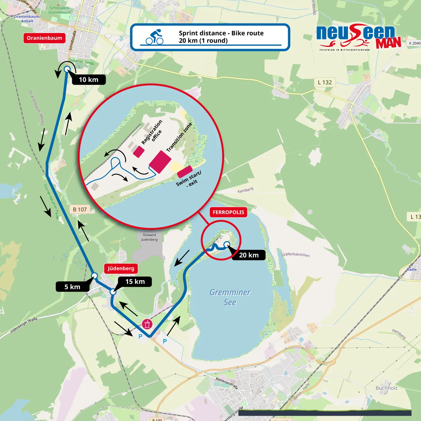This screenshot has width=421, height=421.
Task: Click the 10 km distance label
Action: point(89,80)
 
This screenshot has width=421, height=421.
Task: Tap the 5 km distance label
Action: point(72,287)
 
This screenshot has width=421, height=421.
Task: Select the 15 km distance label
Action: point(135,282)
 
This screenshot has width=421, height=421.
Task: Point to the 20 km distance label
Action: point(249,255)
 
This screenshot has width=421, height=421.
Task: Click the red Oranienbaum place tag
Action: point(44,38)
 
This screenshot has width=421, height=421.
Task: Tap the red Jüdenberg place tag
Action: point(121,268)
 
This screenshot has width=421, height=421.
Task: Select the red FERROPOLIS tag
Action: point(228,212)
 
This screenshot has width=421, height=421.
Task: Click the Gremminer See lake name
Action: point(230,297)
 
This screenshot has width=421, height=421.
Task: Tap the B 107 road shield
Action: point(80,210)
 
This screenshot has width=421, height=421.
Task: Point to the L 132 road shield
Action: point(325,83)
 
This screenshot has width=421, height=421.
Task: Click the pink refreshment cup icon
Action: point(147,324)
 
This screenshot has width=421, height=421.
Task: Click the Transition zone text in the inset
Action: point(179,137)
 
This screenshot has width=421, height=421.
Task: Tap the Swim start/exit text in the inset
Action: point(189,179)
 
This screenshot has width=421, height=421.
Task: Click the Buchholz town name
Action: point(386,388)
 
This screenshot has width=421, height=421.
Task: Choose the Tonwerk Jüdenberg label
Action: point(150,237)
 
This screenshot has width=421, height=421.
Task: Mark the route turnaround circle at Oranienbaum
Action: point(67,69)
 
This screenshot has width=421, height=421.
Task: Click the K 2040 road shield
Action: point(414,43)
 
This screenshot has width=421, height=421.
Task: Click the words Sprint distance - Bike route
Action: point(221,33)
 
